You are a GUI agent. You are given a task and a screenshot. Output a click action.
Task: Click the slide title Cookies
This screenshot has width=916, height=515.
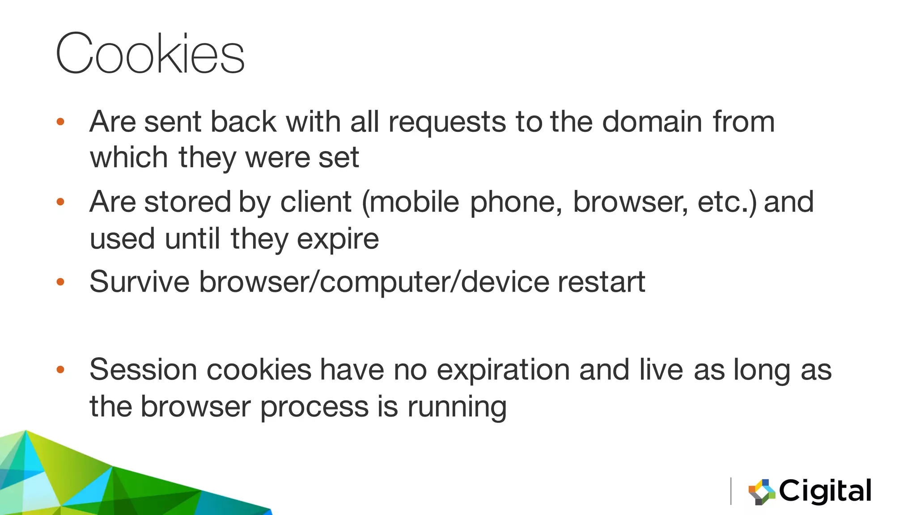coord(150,54)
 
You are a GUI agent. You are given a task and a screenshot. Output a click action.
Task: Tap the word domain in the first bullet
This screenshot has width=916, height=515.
coord(652,122)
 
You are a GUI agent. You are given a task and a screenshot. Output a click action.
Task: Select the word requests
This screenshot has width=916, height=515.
coord(447,122)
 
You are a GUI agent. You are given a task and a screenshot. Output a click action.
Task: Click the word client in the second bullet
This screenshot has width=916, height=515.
coord(316,202)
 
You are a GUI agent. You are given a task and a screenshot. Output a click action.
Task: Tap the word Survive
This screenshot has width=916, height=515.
coord(140,282)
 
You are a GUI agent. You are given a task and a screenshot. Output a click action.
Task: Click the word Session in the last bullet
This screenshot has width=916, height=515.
coord(143,370)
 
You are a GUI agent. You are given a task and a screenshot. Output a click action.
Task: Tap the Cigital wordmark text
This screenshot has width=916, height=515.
coord(825,491)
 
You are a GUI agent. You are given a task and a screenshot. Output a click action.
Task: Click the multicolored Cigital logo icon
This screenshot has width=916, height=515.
coord(762,492)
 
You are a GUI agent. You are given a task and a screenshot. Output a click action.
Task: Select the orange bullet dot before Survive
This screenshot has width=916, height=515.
coord(61,282)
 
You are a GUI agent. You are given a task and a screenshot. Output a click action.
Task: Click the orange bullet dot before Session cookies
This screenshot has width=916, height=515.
coord(61,370)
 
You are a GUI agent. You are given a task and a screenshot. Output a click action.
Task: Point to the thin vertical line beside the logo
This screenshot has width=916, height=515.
coord(731,491)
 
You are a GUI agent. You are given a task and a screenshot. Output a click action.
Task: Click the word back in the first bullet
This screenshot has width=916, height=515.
coord(243,122)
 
